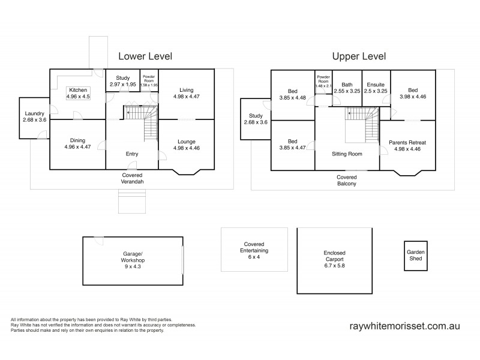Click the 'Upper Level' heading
click(359, 56)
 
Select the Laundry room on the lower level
click(34, 116)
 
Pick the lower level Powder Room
click(149, 81)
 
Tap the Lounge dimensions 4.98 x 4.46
click(186, 148)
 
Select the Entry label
click(132, 154)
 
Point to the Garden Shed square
click(415, 256)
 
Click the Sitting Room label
click(347, 154)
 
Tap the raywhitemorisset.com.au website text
click(404, 326)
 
